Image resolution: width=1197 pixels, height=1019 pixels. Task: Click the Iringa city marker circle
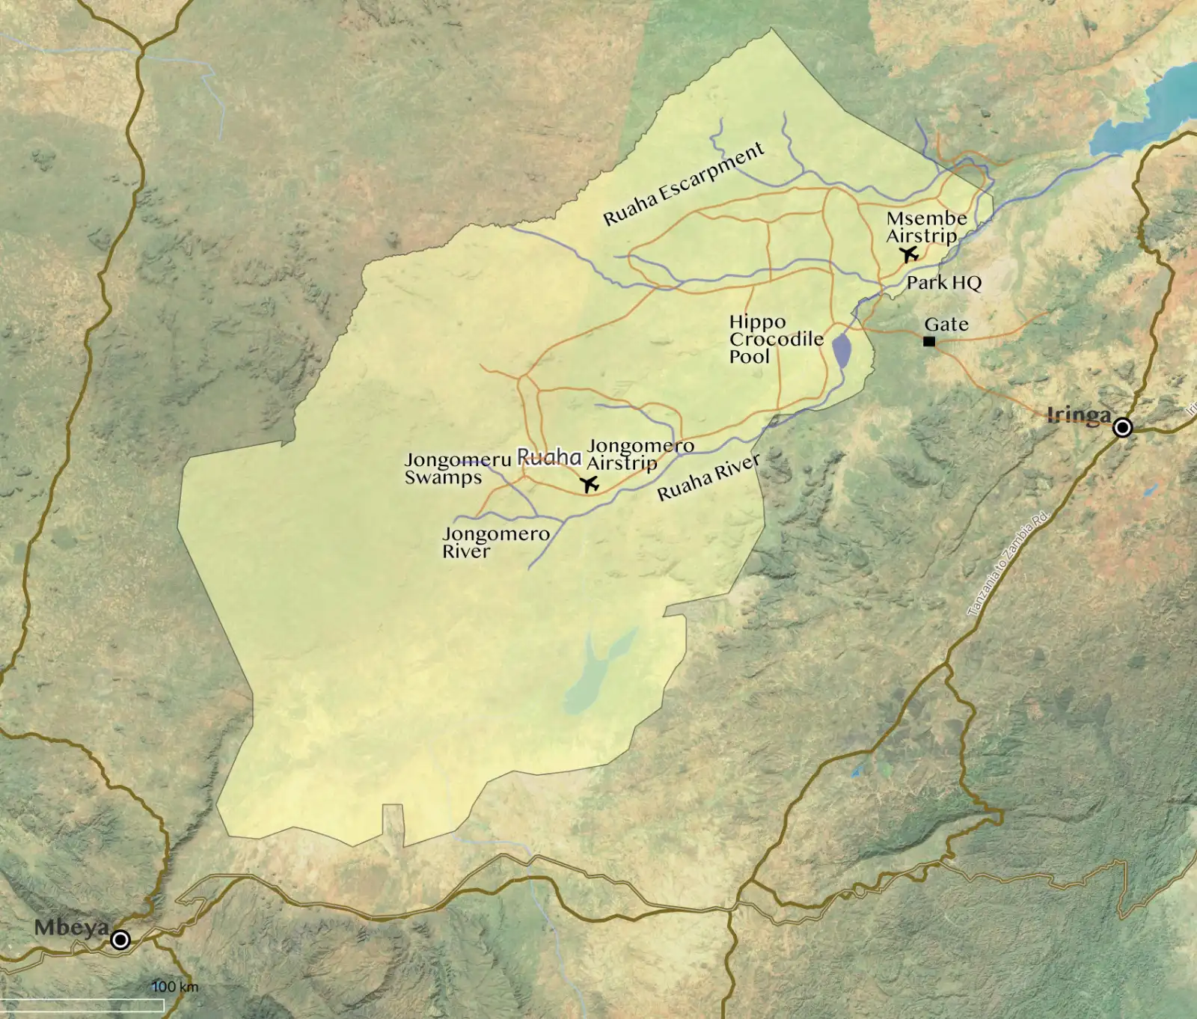coord(1122,427)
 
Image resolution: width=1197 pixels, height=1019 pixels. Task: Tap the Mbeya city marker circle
coord(120,939)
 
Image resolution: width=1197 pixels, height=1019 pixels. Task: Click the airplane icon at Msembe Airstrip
coord(910,254)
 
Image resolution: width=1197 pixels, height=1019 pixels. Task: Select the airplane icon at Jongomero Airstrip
coord(590,485)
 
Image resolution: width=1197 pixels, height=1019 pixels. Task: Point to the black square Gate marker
coord(929,342)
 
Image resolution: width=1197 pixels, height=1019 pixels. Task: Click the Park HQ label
coord(943,283)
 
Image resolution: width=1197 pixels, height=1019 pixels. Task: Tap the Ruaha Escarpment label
coord(683,185)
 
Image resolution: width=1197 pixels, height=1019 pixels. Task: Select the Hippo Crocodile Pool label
coord(775,339)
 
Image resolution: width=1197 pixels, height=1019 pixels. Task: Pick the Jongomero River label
coord(495,542)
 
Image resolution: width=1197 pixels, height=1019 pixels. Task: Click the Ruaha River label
coord(708,477)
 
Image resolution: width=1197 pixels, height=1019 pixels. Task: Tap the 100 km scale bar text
coord(175,987)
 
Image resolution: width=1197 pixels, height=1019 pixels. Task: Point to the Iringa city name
coord(1078,414)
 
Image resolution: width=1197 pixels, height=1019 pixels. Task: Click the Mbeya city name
coord(71,928)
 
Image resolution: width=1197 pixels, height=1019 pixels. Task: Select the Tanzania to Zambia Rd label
coord(1008,564)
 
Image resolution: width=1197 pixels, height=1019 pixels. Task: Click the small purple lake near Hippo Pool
coord(842,351)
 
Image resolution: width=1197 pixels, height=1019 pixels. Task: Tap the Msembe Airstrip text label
coord(925,227)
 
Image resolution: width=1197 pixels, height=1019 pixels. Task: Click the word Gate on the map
coord(946,325)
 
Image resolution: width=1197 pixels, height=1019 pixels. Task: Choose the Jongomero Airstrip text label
coord(640,454)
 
